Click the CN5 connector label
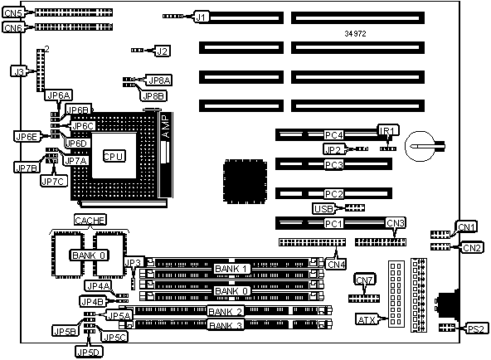tap(13, 12)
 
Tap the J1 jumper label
tap(202, 17)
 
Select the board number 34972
tap(355, 33)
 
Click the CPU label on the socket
tap(114, 156)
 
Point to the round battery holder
tap(421, 146)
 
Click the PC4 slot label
tap(333, 135)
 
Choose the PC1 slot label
tap(333, 223)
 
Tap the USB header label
tap(323, 208)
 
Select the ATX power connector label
tap(367, 319)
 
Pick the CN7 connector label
tap(365, 280)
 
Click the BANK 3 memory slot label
tap(226, 325)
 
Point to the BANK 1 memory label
tap(232, 269)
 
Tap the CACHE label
tap(90, 220)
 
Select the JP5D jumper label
tap(90, 352)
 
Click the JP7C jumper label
tap(54, 181)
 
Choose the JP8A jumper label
tap(160, 80)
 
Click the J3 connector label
tap(19, 71)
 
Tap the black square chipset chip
tap(245, 182)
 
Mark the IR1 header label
tap(388, 130)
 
